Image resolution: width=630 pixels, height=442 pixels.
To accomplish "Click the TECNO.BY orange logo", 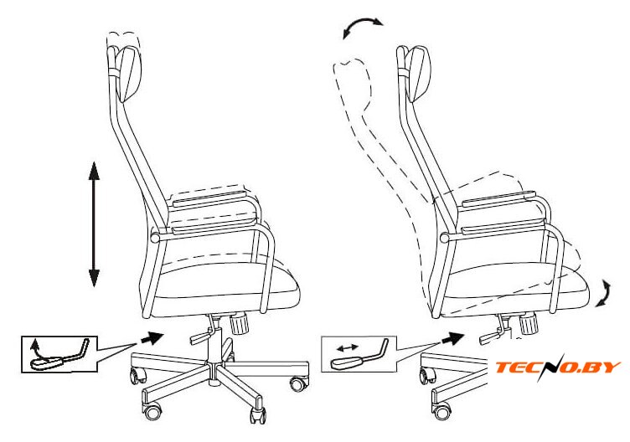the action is [x=558, y=367].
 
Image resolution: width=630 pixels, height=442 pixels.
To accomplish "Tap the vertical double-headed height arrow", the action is [x=94, y=224].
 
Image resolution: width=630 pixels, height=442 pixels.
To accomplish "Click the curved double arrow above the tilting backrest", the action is [x=362, y=26].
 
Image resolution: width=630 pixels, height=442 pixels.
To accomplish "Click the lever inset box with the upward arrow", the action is [x=59, y=354].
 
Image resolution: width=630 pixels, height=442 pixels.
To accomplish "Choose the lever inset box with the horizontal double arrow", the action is [x=359, y=353].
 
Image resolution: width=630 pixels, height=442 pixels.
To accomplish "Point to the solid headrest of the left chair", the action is [x=130, y=74].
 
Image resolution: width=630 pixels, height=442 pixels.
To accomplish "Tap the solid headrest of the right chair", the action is [x=419, y=73].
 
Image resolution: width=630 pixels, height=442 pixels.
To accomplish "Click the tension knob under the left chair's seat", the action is [x=240, y=323].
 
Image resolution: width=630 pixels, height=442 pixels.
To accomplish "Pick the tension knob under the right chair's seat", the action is [x=528, y=323].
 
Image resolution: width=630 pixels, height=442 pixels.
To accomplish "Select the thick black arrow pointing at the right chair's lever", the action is [x=452, y=339].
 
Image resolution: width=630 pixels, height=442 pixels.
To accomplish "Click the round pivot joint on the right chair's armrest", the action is [x=444, y=237].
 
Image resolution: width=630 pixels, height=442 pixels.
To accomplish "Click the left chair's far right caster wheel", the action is [x=299, y=383].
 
